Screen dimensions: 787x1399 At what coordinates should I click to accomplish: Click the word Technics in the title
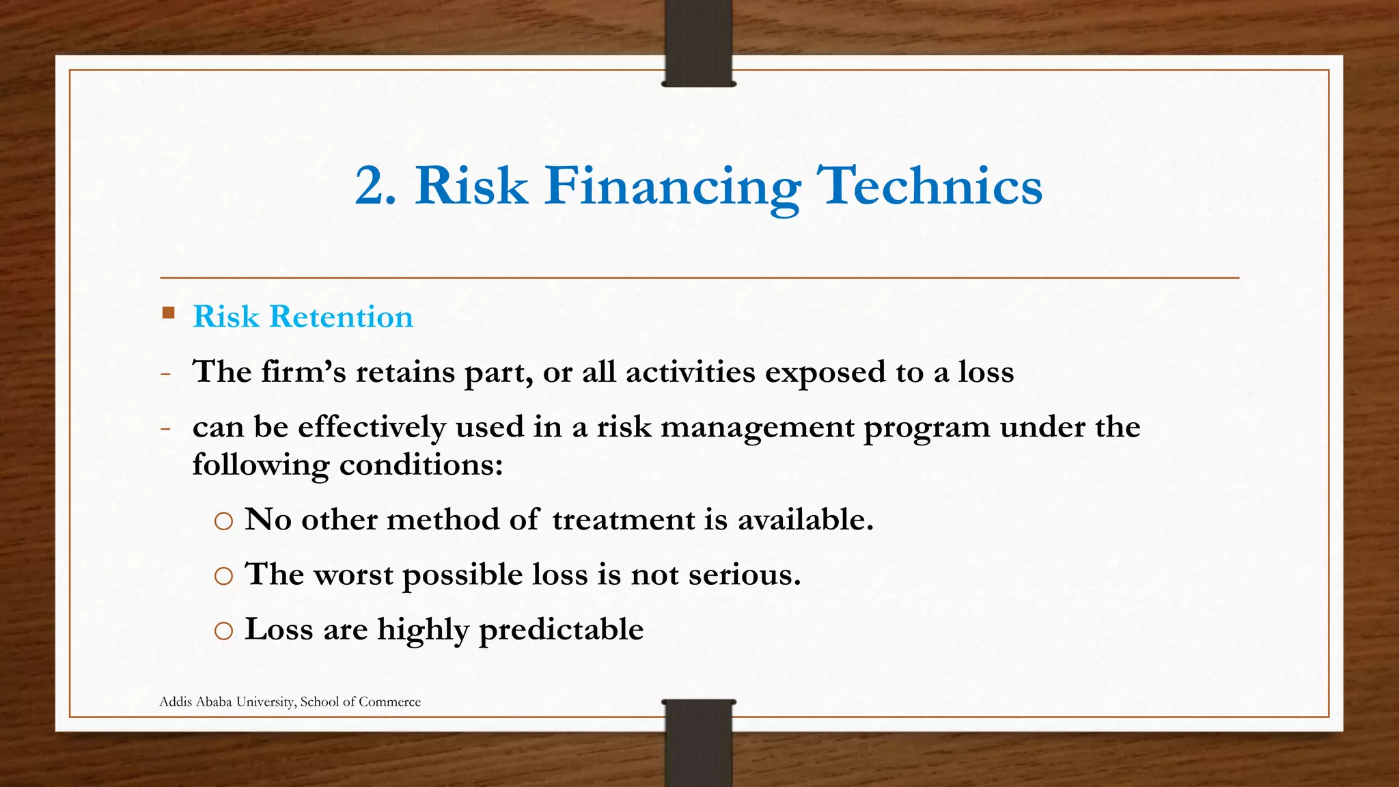(x=930, y=186)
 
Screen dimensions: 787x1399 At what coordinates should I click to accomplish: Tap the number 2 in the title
(x=374, y=186)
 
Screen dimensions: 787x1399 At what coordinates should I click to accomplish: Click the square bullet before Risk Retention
(x=169, y=314)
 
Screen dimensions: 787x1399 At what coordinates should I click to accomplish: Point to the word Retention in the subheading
(x=341, y=317)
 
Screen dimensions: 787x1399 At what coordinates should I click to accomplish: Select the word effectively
(x=372, y=428)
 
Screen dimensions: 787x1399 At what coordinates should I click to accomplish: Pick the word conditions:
(x=421, y=465)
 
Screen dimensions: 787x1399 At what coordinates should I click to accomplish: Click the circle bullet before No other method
(x=223, y=522)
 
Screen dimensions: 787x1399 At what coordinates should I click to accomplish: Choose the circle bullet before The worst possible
(x=223, y=577)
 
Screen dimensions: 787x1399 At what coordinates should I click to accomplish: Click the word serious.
(x=744, y=575)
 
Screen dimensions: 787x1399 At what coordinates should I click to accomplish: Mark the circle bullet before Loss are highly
(x=223, y=631)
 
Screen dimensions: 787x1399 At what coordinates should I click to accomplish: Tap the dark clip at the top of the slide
(x=698, y=44)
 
